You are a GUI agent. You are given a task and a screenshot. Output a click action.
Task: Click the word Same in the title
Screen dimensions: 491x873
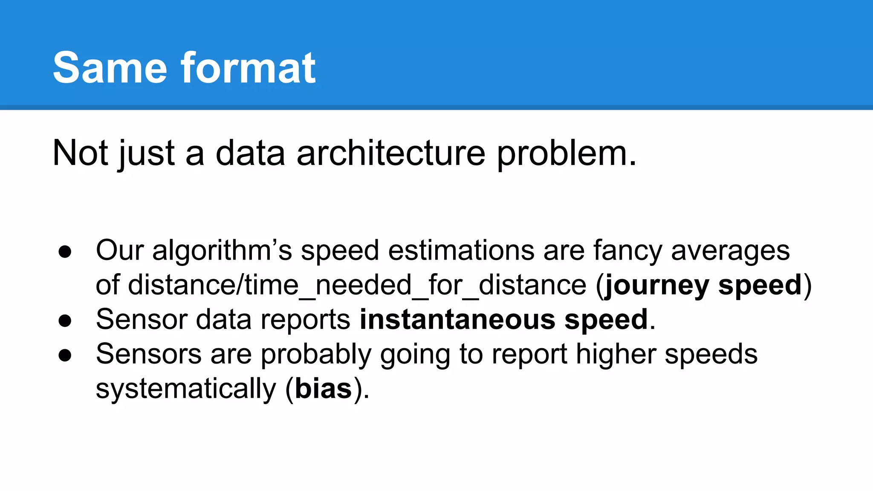click(110, 68)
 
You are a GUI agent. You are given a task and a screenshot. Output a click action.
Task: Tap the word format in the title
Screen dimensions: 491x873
click(248, 68)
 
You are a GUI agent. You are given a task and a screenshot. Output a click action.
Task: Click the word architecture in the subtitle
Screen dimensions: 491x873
click(391, 153)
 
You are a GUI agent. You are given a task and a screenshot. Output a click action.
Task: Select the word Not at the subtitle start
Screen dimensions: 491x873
click(80, 153)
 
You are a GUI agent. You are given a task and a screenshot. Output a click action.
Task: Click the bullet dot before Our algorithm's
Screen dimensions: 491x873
click(65, 251)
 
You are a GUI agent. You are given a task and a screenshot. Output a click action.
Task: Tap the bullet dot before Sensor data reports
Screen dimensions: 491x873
click(65, 321)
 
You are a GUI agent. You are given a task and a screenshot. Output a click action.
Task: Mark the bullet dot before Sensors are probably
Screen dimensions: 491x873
click(65, 355)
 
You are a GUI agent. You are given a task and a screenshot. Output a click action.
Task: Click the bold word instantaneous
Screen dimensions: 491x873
click(457, 320)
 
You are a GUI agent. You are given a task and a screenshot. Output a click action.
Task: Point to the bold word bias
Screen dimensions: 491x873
click(323, 389)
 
